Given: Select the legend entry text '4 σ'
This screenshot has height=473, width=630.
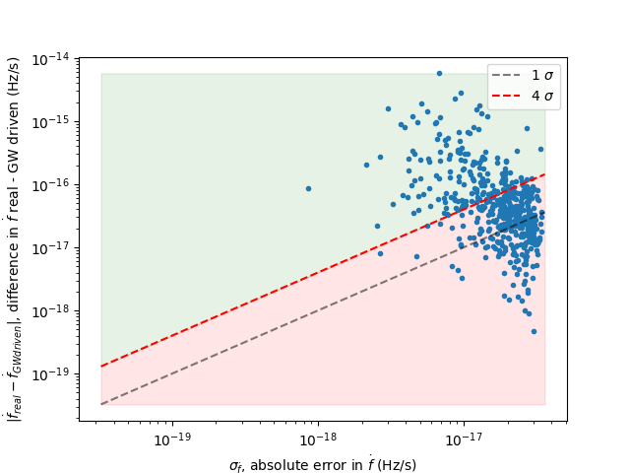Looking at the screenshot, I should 542,97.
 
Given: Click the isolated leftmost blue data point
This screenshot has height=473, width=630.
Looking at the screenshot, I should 308,188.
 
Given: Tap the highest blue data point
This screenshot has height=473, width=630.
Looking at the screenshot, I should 439,73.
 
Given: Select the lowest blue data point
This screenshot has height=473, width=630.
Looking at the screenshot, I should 534,331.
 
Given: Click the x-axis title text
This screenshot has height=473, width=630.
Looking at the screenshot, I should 323,464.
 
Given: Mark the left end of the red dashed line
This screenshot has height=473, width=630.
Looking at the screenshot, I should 101,367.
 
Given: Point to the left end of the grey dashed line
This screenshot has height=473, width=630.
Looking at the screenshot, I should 101,404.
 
